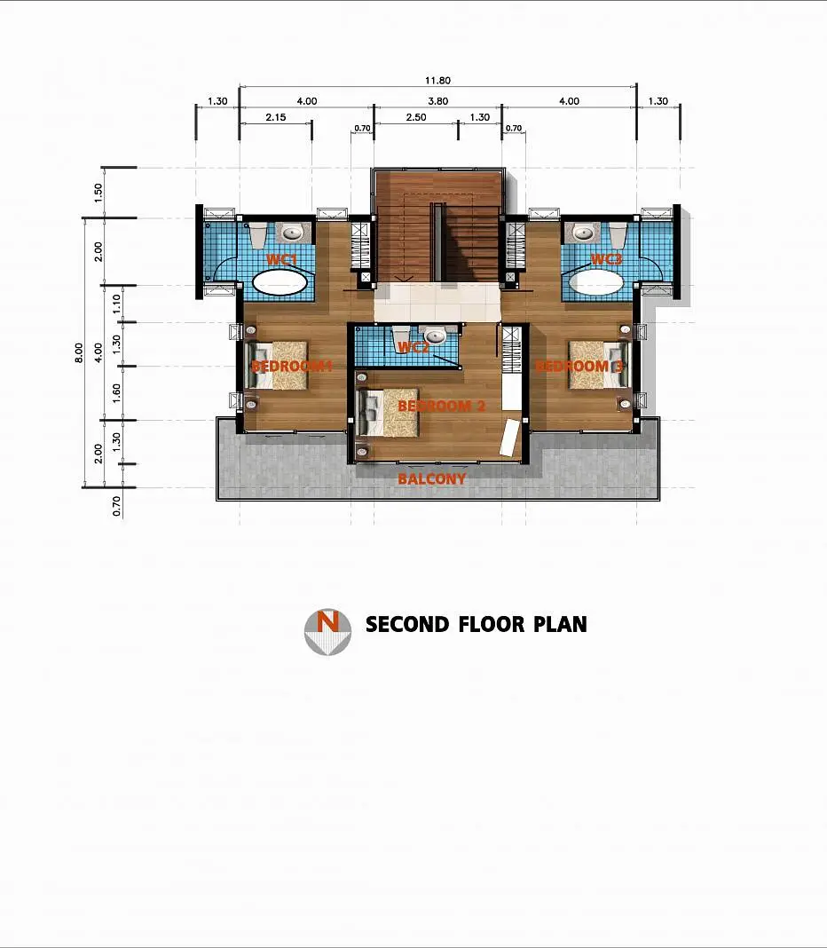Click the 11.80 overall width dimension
click(x=437, y=81)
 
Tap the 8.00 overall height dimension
click(x=79, y=353)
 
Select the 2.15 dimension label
click(x=276, y=117)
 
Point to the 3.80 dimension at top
click(x=437, y=101)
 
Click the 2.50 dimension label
click(x=416, y=117)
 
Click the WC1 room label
click(x=281, y=260)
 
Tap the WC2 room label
click(x=413, y=348)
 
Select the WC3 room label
click(x=606, y=259)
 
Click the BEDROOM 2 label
click(x=441, y=406)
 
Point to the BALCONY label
click(x=431, y=478)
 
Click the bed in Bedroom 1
click(x=278, y=365)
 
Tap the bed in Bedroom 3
click(x=598, y=365)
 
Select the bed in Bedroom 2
click(x=389, y=413)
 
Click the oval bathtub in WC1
click(x=280, y=282)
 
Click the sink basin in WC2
click(x=434, y=335)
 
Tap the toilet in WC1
click(x=258, y=234)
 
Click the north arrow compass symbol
click(x=327, y=632)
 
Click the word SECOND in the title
click(x=407, y=625)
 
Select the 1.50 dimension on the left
click(x=98, y=193)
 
